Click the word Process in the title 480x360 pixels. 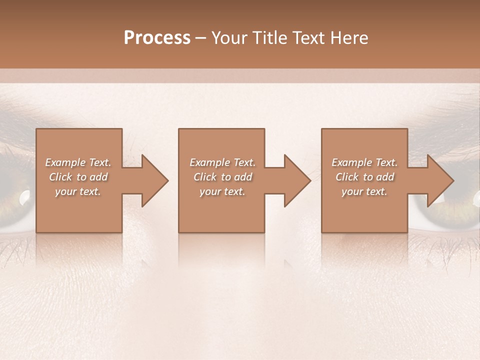click(x=157, y=38)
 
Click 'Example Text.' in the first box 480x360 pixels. click(x=78, y=162)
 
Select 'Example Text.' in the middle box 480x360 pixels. click(x=222, y=162)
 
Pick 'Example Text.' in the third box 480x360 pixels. click(x=364, y=162)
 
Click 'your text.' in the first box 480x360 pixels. click(x=78, y=191)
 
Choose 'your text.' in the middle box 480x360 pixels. click(x=222, y=191)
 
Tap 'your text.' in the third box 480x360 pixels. click(x=364, y=191)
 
